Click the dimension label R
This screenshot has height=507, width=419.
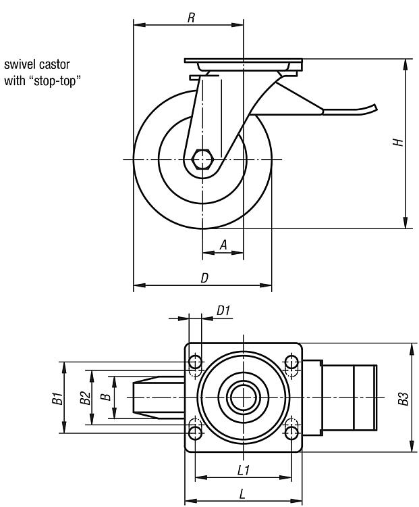click(x=191, y=18)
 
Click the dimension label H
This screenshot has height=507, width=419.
click(x=399, y=143)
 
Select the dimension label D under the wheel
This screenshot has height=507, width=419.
click(x=204, y=277)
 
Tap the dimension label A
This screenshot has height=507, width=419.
click(x=223, y=246)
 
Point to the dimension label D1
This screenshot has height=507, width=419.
click(x=223, y=310)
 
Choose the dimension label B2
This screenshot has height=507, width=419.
click(x=84, y=398)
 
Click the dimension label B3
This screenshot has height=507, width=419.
click(x=403, y=398)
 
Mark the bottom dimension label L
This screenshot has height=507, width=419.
click(x=242, y=493)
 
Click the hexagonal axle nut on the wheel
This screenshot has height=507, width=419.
click(x=202, y=160)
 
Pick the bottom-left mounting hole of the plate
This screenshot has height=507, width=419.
click(x=195, y=430)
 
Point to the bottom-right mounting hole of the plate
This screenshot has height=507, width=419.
click(x=291, y=430)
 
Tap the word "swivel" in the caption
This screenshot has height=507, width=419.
click(x=20, y=66)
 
